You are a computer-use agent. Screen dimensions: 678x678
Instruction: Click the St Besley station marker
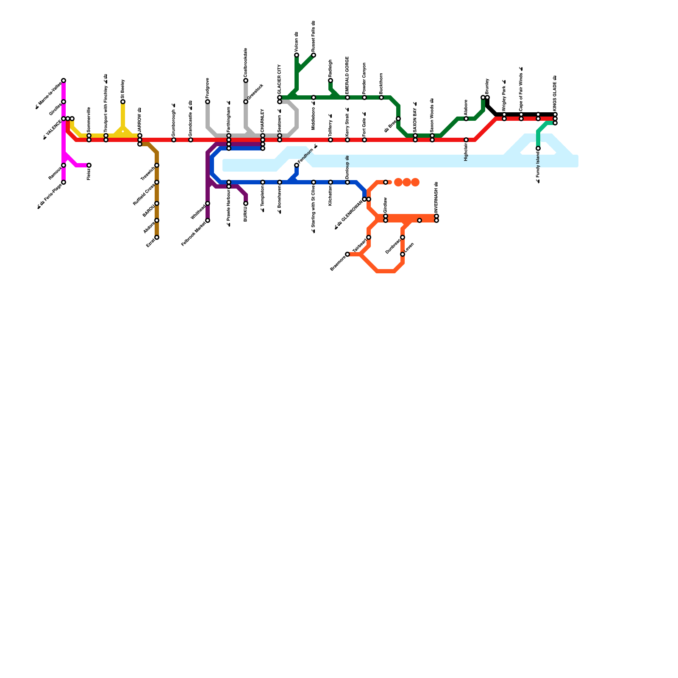point(123,102)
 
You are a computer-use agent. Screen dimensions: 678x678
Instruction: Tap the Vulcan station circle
point(297,55)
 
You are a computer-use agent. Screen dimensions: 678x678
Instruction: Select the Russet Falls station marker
point(314,55)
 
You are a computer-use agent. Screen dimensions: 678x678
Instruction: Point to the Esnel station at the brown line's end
point(157,237)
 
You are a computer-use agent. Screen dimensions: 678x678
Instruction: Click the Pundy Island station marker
point(538,148)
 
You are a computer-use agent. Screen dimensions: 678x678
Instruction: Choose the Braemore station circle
point(347,254)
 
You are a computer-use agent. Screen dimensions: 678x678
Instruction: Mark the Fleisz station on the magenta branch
point(89,165)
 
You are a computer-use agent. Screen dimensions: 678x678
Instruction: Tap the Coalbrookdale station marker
point(246,81)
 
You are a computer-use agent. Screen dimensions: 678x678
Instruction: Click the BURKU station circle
point(246,203)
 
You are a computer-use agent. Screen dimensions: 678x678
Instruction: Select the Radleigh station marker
point(331,81)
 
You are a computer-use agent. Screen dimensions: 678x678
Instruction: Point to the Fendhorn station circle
point(297,165)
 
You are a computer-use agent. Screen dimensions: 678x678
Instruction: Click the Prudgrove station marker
point(208,102)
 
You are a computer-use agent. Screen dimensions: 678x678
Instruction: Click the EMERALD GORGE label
point(347,75)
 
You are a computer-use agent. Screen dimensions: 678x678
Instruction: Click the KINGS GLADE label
point(555,93)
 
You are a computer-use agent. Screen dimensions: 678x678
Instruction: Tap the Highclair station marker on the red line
point(466,140)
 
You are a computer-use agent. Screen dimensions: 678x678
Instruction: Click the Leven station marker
point(403,254)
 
